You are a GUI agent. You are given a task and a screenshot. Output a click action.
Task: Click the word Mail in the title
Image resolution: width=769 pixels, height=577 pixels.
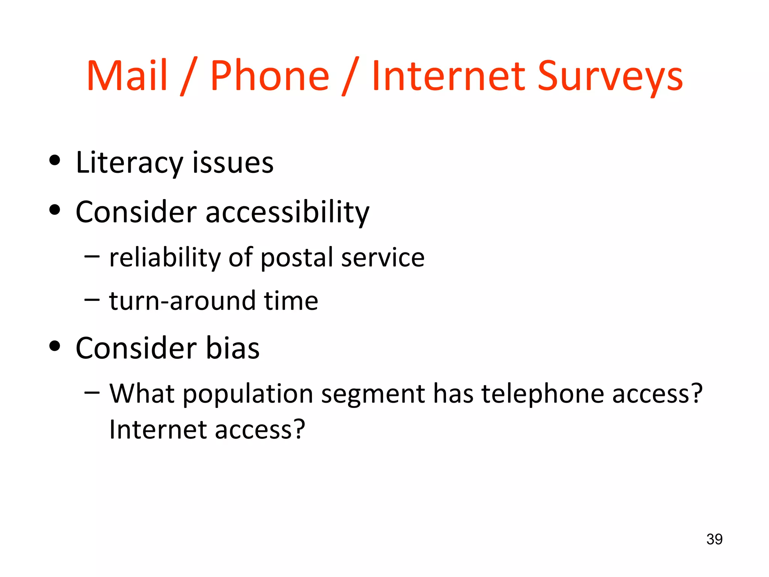[x=127, y=76]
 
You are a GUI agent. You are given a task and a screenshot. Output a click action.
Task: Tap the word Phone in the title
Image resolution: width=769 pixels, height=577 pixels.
[x=270, y=76]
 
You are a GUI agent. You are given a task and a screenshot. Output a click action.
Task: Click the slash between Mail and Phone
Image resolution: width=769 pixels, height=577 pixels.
[x=188, y=77]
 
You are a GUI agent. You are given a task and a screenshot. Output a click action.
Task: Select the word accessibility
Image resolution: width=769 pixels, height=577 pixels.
[x=287, y=213]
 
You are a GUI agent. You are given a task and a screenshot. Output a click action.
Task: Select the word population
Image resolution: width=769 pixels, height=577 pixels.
[x=248, y=394]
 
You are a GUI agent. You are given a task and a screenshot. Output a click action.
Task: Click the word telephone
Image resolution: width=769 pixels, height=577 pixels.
[x=542, y=394]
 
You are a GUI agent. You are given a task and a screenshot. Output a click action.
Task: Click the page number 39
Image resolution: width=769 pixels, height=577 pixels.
[x=714, y=539]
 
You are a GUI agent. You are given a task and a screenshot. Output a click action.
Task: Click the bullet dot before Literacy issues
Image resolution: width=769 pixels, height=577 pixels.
[x=55, y=161]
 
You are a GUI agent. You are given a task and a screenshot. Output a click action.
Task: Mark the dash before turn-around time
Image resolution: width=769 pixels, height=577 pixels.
[x=92, y=300]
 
